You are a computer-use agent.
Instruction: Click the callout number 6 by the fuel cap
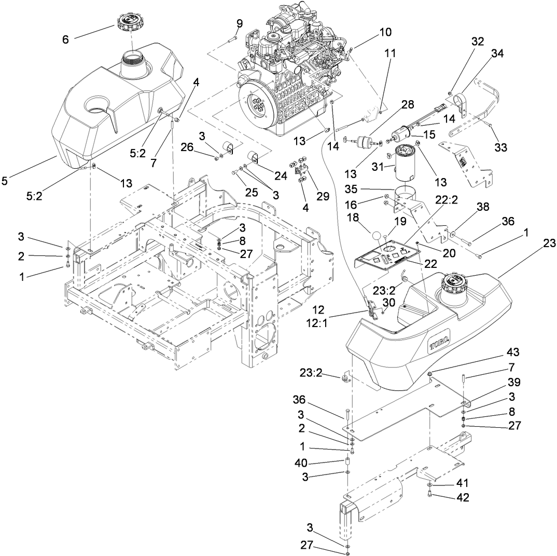65,39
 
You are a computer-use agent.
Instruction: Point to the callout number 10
385,32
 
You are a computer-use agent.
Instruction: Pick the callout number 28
408,104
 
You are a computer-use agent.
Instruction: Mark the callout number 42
462,497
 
